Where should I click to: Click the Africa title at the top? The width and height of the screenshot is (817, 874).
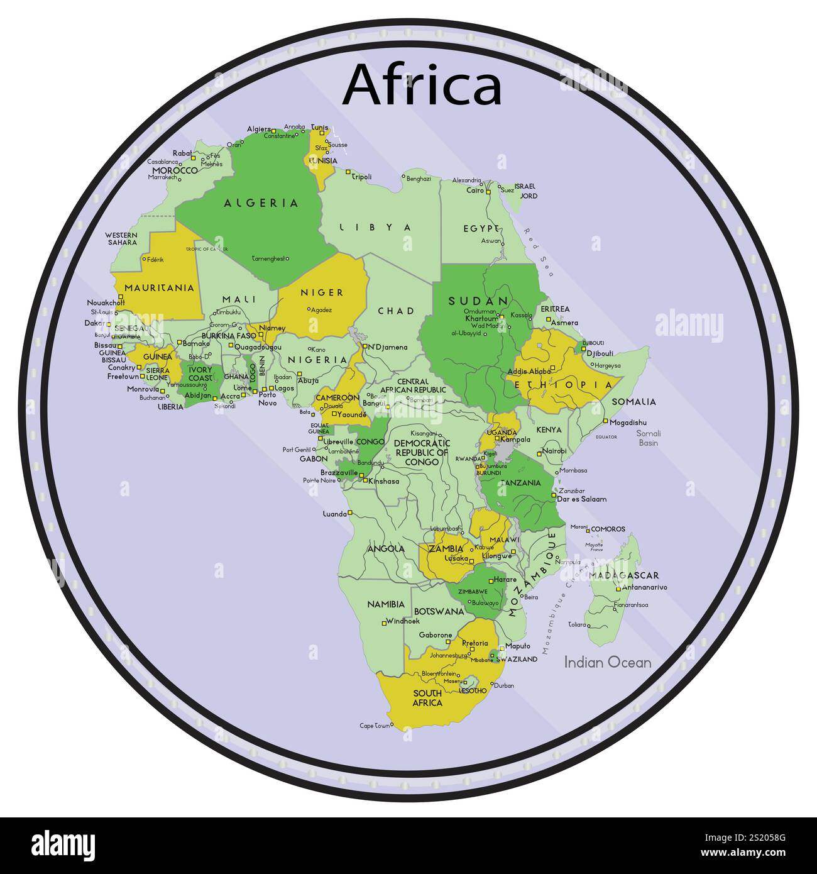[x=422, y=85]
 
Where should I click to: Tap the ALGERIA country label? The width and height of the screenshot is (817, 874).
[x=261, y=203]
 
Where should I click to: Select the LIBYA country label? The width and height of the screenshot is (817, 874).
[x=375, y=228]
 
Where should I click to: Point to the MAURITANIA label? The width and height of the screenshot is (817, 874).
[x=159, y=288]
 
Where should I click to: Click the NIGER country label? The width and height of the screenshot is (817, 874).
[x=322, y=292]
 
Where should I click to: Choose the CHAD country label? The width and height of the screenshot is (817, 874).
[x=396, y=311]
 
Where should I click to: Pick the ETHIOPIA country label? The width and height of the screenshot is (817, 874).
[x=564, y=384]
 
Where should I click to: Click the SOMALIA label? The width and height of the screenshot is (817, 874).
[x=633, y=402]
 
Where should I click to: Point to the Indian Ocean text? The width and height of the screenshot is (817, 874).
[x=607, y=662]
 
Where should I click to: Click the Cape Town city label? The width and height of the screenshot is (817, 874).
[x=375, y=726]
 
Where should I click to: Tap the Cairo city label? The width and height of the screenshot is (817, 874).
[x=475, y=191]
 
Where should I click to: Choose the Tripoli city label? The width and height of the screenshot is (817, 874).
[x=361, y=177]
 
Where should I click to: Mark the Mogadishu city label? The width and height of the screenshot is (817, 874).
[x=628, y=423]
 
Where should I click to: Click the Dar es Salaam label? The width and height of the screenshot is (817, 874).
[x=582, y=499]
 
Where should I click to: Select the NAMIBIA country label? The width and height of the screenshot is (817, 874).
[x=386, y=604]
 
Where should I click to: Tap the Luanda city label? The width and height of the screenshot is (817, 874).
[x=334, y=514]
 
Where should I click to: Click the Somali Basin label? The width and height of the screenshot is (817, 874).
[x=648, y=438]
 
